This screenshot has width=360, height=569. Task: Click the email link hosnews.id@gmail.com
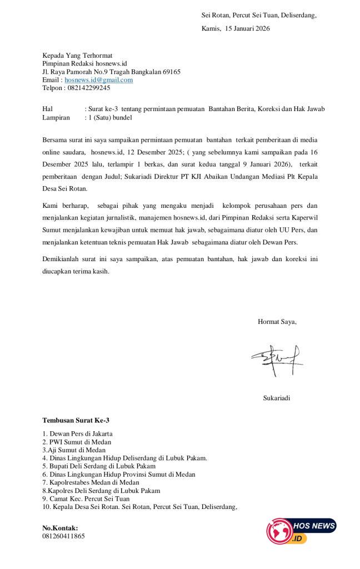click(99, 79)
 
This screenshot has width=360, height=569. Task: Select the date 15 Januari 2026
click(247, 28)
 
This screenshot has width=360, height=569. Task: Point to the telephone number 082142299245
click(88, 88)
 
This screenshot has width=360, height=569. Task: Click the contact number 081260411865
click(64, 536)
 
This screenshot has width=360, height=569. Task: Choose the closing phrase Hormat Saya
click(277, 321)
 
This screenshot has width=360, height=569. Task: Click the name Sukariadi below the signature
click(277, 398)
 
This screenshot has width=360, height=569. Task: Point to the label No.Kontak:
click(61, 528)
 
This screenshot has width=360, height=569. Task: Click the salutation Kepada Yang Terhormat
click(78, 56)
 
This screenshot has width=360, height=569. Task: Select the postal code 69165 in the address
click(171, 72)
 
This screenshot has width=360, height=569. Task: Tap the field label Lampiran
click(56, 117)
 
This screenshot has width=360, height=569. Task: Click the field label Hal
click(48, 109)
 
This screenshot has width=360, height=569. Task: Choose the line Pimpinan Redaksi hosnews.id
click(85, 63)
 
